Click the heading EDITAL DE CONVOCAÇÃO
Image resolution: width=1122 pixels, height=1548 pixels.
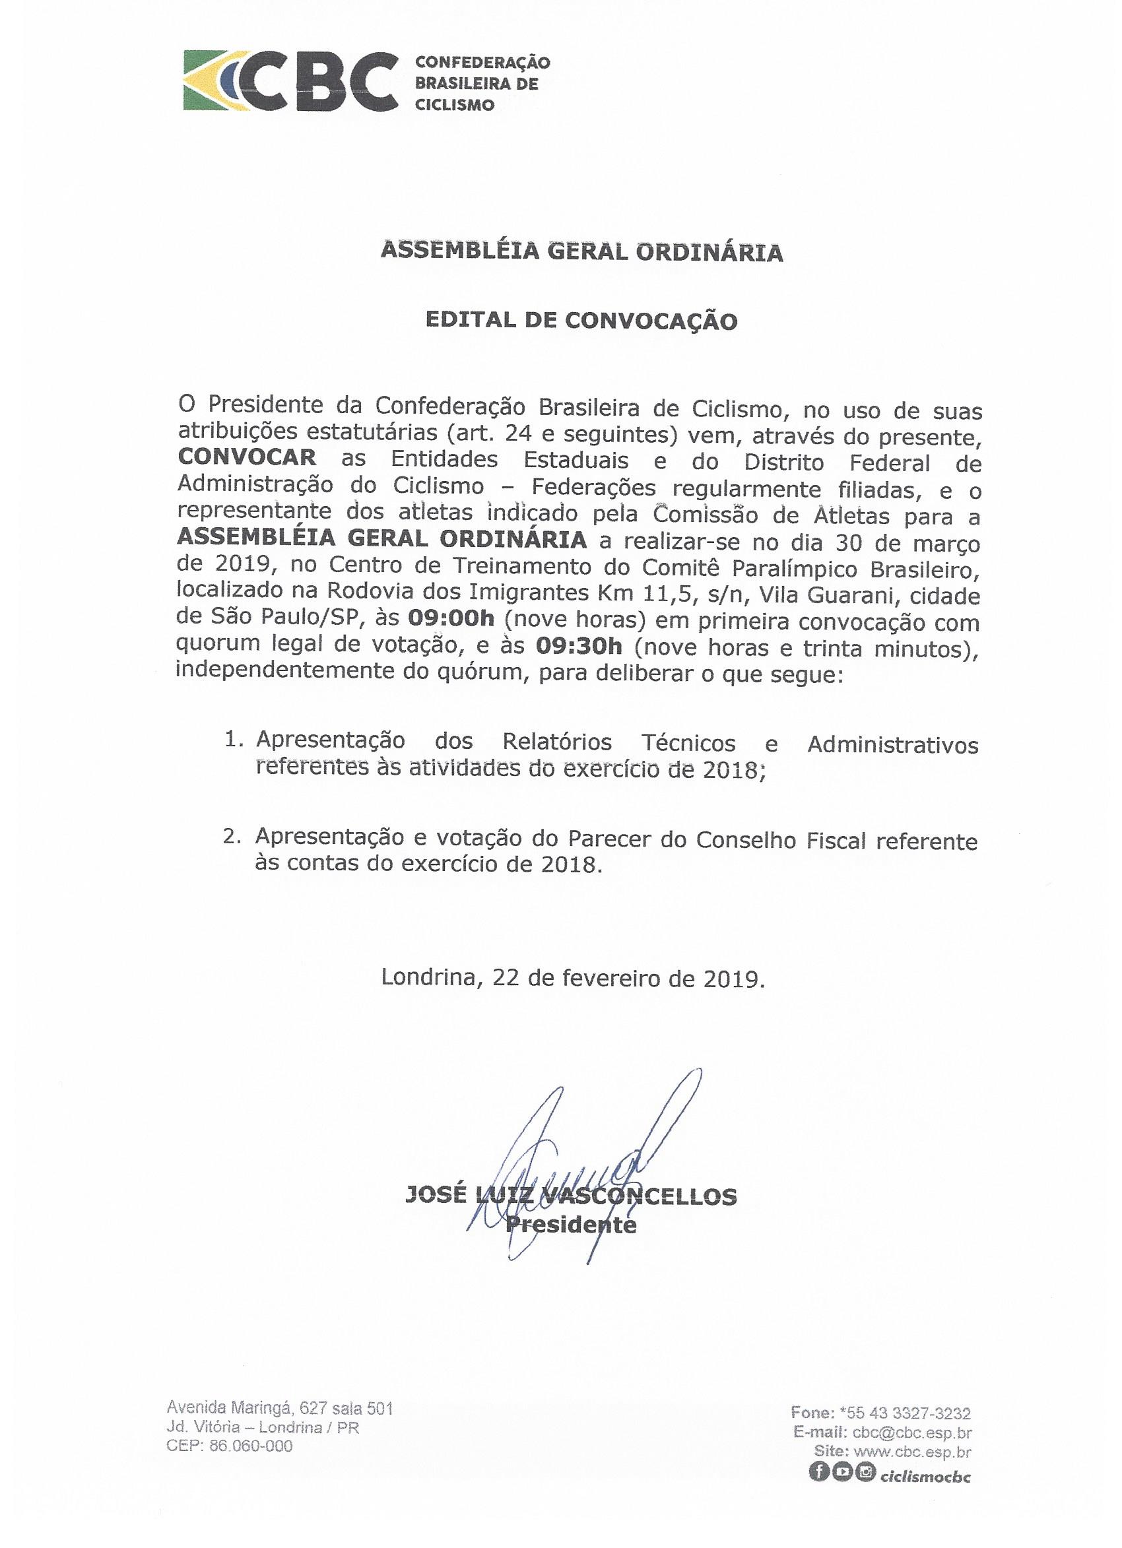pos(581,321)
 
